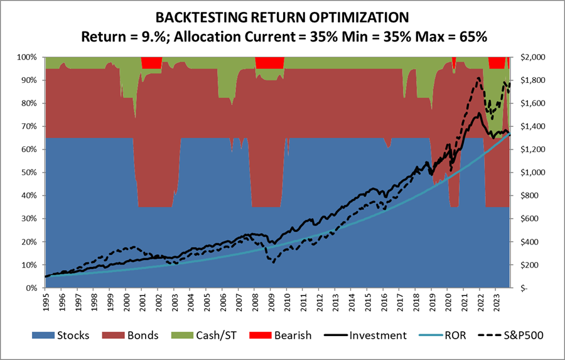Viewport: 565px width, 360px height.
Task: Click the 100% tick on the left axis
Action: pyautogui.click(x=29, y=57)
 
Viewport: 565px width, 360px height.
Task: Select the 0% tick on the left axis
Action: pyautogui.click(x=33, y=288)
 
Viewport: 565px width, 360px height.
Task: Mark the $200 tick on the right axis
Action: pyautogui.click(x=530, y=265)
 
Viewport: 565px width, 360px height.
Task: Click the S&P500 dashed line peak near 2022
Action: pyautogui.click(x=479, y=78)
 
